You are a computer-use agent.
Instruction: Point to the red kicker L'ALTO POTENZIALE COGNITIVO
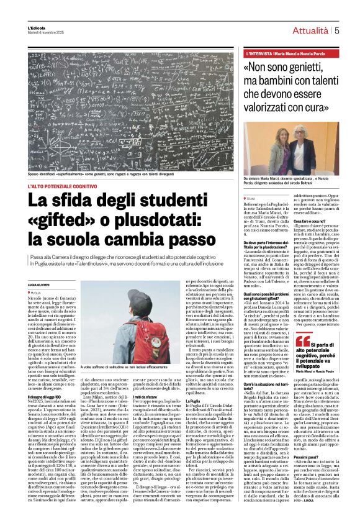point(62,186)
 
